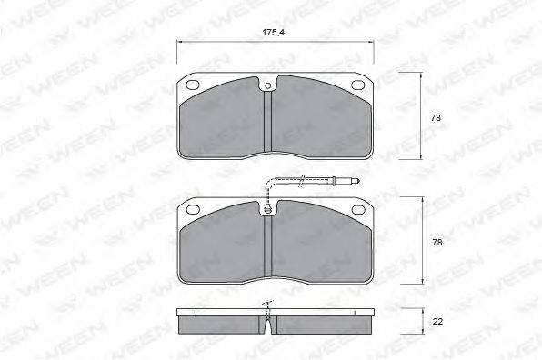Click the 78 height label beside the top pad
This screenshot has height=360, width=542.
(436, 118)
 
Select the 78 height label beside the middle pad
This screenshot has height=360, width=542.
(437, 243)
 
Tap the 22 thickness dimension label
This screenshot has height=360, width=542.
(437, 322)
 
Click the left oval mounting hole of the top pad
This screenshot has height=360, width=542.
(193, 85)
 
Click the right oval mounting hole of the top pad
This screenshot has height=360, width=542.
(358, 85)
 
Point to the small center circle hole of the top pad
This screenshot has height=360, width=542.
(267, 85)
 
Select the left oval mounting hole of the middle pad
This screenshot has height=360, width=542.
(193, 209)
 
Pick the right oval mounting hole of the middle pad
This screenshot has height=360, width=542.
(358, 209)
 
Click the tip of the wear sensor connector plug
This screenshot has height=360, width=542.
(359, 180)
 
